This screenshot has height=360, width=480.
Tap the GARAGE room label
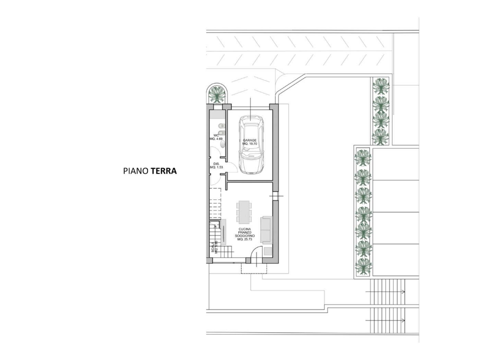(249, 140)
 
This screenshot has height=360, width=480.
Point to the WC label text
(216, 135)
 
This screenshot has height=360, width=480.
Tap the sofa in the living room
(266, 229)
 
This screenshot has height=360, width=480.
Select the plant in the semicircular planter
(217, 93)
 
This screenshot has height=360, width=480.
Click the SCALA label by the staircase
(213, 247)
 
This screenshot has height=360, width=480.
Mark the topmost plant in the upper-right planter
(381, 86)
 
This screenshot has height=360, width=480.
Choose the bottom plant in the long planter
(363, 265)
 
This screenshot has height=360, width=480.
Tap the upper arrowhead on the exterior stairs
(403, 291)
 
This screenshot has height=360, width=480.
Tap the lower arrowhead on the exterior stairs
(403, 320)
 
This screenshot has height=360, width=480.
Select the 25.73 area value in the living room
(244, 239)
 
